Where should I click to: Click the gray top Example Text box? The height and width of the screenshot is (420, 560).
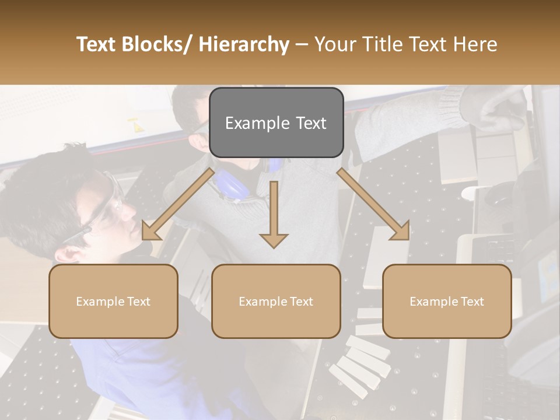click(x=276, y=123)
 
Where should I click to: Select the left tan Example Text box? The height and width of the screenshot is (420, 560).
click(x=113, y=301)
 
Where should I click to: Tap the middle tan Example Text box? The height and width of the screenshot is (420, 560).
click(x=276, y=301)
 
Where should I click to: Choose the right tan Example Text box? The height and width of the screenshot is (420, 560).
click(x=447, y=301)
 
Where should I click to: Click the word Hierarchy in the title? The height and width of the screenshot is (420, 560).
click(x=244, y=44)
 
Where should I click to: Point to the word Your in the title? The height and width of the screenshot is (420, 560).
click(x=334, y=44)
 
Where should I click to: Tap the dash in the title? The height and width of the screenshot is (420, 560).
click(x=302, y=44)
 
